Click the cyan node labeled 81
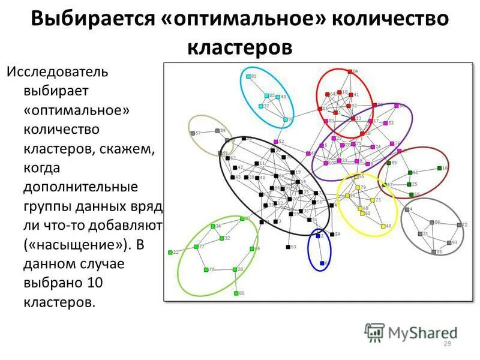coord(248,77)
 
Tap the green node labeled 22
coord(170,253)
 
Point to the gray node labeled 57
coord(193,133)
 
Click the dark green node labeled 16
coord(439,168)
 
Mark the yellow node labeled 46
coord(383,226)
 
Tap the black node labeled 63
coord(288,247)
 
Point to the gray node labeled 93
coord(449,242)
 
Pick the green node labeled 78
coord(206,269)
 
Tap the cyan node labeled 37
coord(260,106)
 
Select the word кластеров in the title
coord(240,46)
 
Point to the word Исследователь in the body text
coord(57,73)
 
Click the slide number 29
coord(446,344)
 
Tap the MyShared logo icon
coord(375,332)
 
